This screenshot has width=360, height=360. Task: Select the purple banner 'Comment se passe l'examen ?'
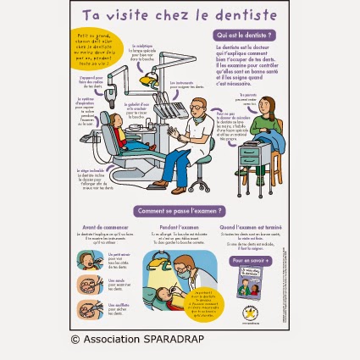[179, 211]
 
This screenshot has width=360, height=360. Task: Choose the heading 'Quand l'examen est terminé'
[251, 227]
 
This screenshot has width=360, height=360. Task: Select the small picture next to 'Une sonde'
[90, 285]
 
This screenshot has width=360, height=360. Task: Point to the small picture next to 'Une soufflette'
[90, 309]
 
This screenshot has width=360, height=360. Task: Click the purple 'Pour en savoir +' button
[251, 261]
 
